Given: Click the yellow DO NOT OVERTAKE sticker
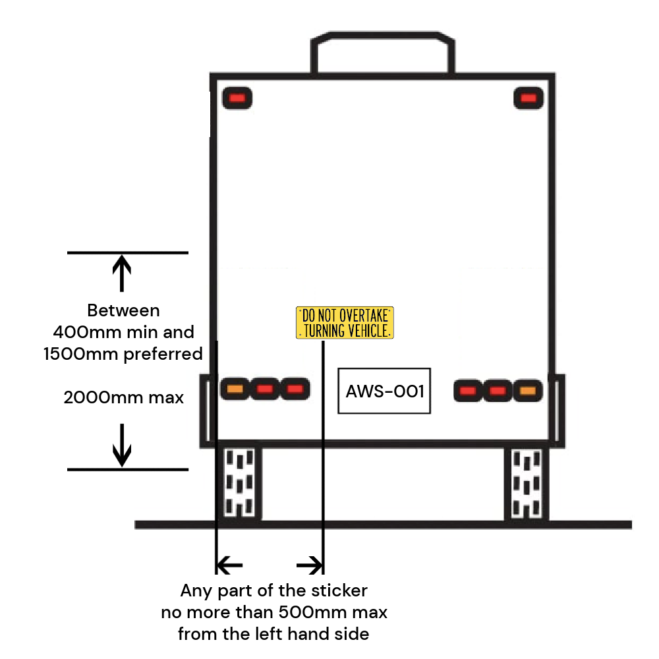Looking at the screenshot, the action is tap(345, 323).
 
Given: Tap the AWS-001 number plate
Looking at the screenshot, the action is tap(384, 391).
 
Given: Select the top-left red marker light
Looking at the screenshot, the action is tap(237, 98).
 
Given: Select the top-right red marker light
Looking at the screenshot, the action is tap(528, 98).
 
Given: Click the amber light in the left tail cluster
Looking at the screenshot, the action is tap(234, 389).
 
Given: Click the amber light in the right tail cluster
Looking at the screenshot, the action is tap(527, 391).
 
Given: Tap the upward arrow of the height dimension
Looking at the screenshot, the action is tap(122, 272).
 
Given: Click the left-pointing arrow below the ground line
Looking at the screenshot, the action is tap(229, 565).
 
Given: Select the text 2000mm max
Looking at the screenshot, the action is tap(124, 397).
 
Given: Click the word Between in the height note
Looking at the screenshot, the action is tap(123, 310).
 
